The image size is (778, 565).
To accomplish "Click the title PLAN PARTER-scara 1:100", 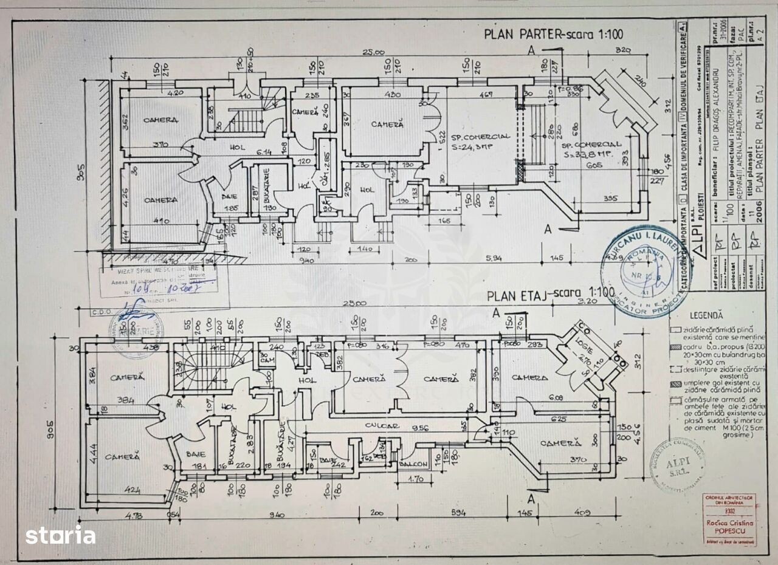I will (553, 34).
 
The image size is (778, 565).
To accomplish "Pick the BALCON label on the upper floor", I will (413, 465).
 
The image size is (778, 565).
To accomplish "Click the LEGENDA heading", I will (706, 315).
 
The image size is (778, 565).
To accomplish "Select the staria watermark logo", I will (60, 535).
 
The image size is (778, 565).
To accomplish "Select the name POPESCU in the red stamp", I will (729, 531).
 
